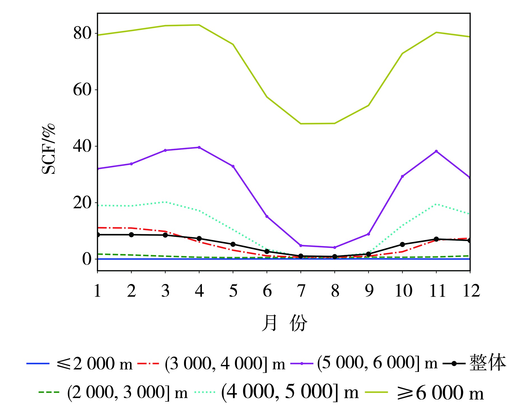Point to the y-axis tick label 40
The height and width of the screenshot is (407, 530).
[x=82, y=146]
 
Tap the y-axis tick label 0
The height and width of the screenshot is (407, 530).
[x=87, y=259]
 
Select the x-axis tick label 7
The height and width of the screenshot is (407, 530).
[x=301, y=291]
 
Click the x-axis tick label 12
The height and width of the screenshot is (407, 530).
[x=471, y=291]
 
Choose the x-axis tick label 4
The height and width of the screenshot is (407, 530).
[x=199, y=291]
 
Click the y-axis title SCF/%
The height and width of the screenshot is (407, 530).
[x=48, y=149]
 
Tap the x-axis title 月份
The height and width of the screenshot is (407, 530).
[x=284, y=323]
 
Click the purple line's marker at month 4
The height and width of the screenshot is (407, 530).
[x=199, y=147]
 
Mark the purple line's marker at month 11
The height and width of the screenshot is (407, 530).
[x=436, y=151]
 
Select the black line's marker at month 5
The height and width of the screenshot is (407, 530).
[x=233, y=244]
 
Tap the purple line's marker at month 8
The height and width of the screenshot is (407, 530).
[x=335, y=248]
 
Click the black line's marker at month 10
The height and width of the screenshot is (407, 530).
[x=402, y=244]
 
